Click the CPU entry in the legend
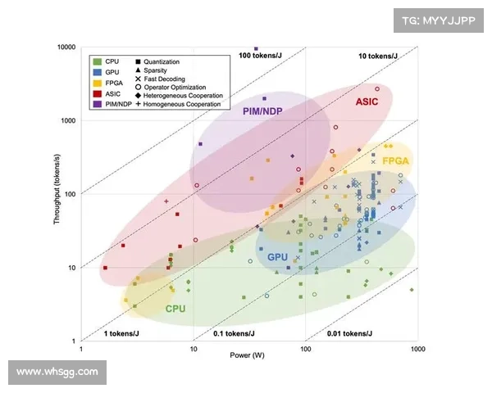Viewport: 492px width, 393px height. coord(112,61)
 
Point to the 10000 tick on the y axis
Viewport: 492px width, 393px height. coord(66,47)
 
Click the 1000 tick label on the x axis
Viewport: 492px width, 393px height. coord(417,350)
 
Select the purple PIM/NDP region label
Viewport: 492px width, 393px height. coord(263,111)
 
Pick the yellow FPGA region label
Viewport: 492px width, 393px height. coord(395,161)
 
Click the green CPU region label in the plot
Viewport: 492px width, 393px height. coord(175,309)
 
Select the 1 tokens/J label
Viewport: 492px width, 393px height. coord(118,333)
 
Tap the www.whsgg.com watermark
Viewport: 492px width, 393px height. coord(57,372)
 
